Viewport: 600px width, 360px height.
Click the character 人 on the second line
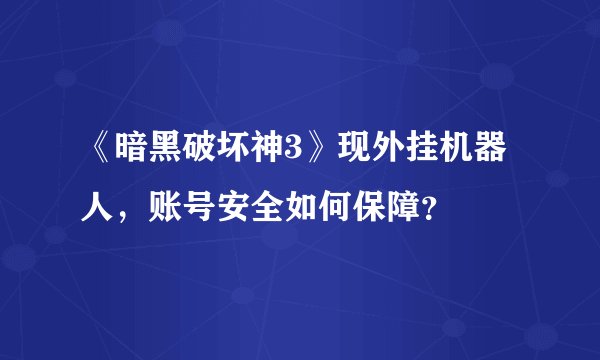pos(100,208)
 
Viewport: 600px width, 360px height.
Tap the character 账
pos(165,208)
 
